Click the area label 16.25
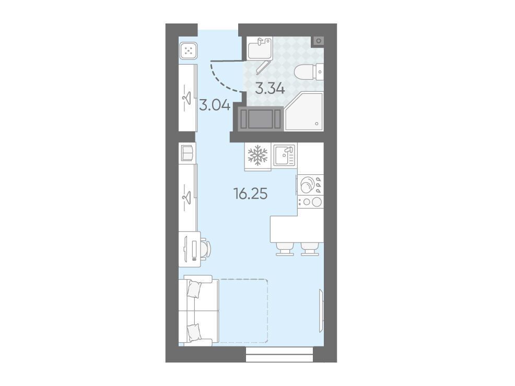click(250, 194)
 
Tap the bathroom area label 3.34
click(270, 89)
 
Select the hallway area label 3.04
click(215, 105)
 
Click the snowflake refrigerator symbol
click(257, 155)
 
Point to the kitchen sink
click(285, 155)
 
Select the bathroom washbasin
click(260, 48)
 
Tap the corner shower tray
click(305, 112)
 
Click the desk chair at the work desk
click(206, 249)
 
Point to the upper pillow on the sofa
click(194, 289)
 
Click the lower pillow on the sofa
click(194, 333)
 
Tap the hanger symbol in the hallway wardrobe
click(187, 97)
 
